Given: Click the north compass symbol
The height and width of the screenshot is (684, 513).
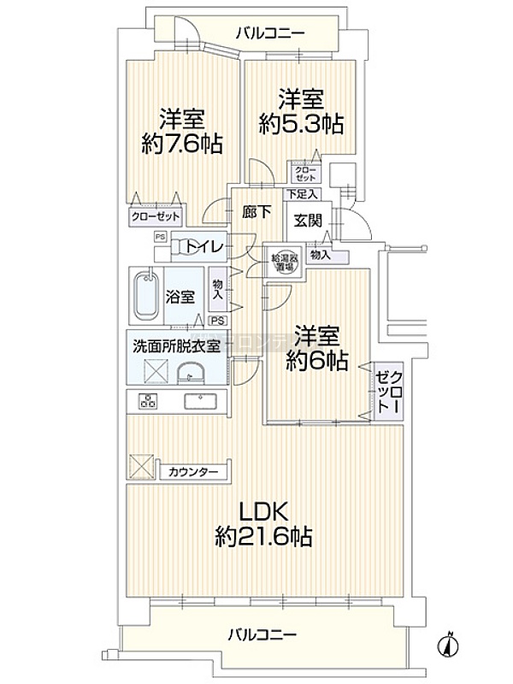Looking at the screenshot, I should (x=449, y=642).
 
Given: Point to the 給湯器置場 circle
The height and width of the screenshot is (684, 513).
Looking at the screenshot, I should (x=285, y=262).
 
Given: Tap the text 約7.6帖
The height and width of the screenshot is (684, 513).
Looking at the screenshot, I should (x=181, y=144).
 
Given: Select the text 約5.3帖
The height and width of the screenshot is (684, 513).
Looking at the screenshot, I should (x=302, y=125).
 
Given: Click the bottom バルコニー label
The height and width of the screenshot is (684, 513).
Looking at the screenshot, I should (x=262, y=635).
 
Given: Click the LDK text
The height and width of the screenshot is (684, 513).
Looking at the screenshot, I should (x=262, y=510).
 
